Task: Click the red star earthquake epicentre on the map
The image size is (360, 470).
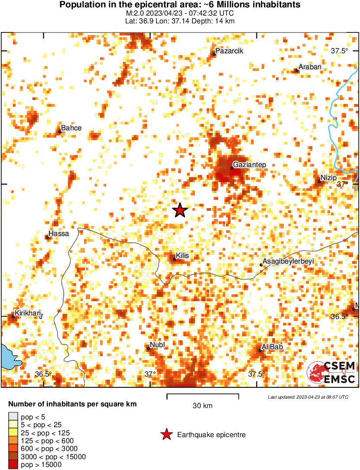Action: [180, 210]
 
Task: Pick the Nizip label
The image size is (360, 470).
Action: [328, 177]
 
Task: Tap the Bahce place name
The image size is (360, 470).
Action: [71, 128]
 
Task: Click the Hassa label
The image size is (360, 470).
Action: [58, 234]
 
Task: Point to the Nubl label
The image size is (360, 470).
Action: [158, 344]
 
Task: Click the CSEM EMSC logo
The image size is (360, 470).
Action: [331, 372]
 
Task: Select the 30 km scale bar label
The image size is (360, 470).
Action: [202, 406]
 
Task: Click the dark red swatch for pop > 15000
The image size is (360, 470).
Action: [13, 465]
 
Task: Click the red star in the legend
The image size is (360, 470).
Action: [166, 435]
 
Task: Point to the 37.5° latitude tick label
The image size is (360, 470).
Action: [340, 51]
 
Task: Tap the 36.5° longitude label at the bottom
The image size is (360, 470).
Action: [43, 374]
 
